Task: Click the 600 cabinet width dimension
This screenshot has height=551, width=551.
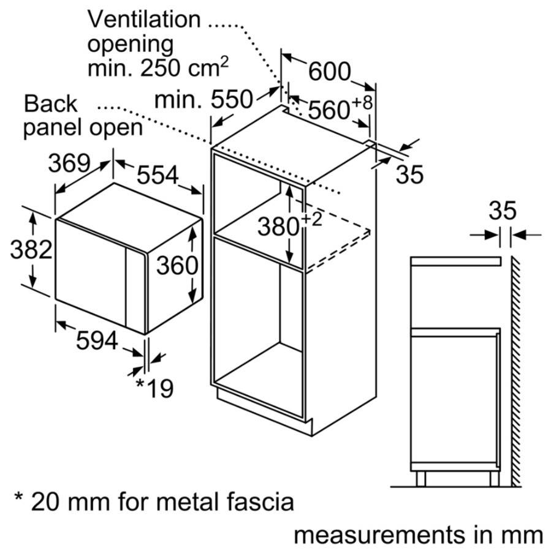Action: tap(329, 71)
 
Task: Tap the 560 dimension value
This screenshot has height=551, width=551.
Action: tap(329, 110)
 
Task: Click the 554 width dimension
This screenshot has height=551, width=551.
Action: tap(157, 176)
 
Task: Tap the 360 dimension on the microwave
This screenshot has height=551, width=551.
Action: tap(177, 265)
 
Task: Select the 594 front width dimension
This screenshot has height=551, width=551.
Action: tap(97, 340)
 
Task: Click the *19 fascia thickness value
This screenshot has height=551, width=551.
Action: tap(154, 388)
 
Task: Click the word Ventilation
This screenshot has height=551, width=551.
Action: tap(144, 19)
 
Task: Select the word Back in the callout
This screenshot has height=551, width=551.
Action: tap(51, 103)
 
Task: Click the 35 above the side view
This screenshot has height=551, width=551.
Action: tap(503, 211)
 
